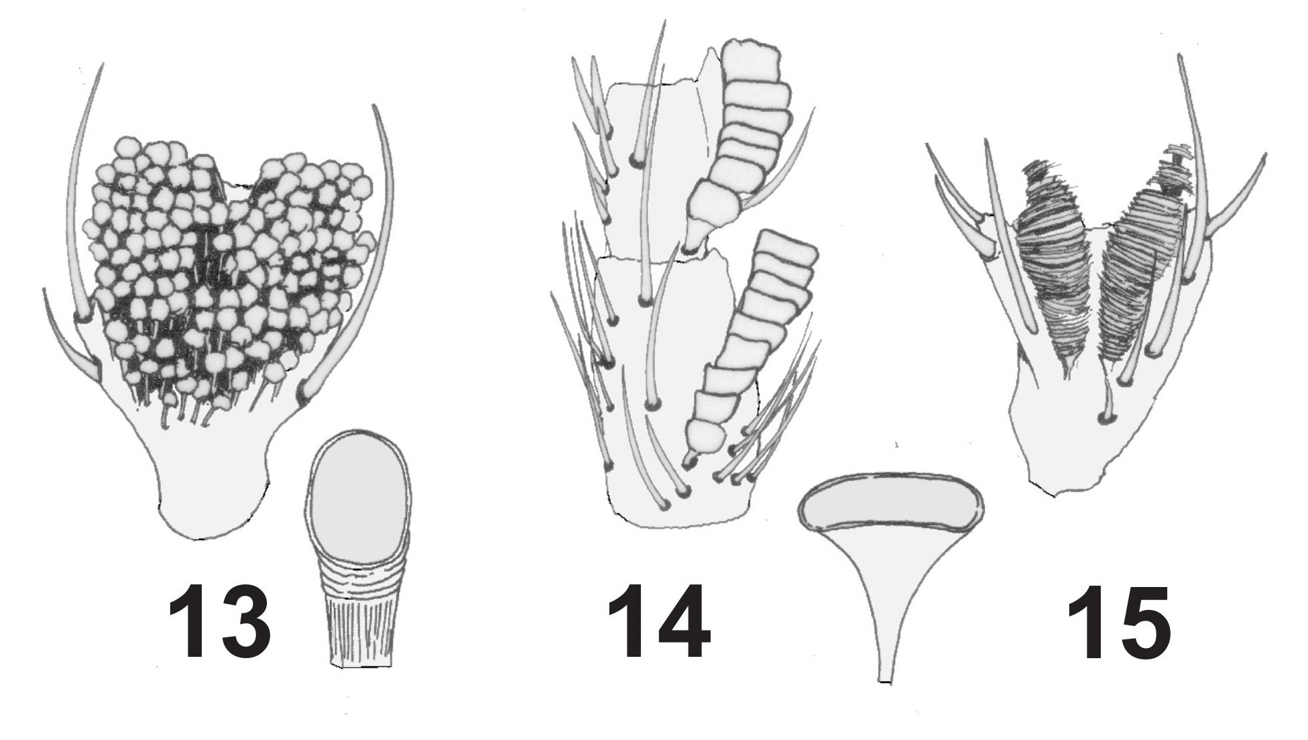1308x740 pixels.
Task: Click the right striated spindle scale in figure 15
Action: coord(1140,268)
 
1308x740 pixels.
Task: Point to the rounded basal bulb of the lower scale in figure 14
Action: coord(711,439)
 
